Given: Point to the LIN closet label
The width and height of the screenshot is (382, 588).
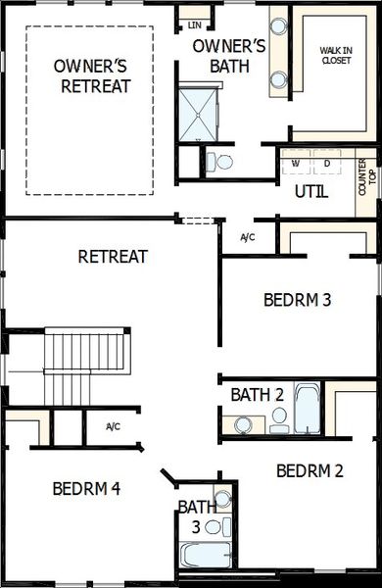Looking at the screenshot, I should pyautogui.click(x=194, y=22).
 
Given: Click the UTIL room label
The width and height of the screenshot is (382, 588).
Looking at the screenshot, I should pyautogui.click(x=311, y=192).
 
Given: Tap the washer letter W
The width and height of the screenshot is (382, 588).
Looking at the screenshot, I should pyautogui.click(x=296, y=164).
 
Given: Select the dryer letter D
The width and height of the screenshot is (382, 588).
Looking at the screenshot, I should pyautogui.click(x=327, y=164).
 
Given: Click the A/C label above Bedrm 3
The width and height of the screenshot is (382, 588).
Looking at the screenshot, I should pyautogui.click(x=248, y=237).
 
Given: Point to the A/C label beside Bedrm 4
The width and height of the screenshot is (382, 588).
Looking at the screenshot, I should pyautogui.click(x=114, y=426).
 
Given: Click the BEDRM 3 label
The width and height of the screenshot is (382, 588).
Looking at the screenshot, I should pyautogui.click(x=298, y=299).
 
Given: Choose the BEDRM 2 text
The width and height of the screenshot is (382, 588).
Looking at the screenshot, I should pyautogui.click(x=310, y=471).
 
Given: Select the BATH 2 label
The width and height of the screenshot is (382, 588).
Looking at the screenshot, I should pyautogui.click(x=257, y=394).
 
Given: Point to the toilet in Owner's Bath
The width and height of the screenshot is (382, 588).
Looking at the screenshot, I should pyautogui.click(x=222, y=163).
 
